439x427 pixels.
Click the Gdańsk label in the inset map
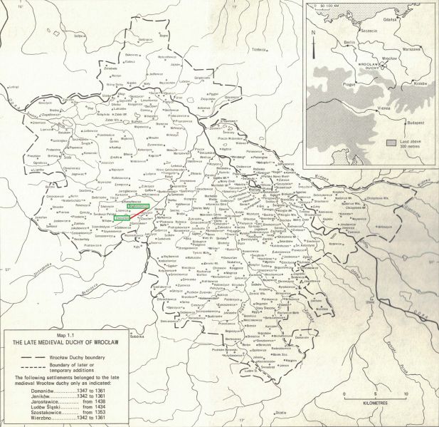(x=391, y=21)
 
